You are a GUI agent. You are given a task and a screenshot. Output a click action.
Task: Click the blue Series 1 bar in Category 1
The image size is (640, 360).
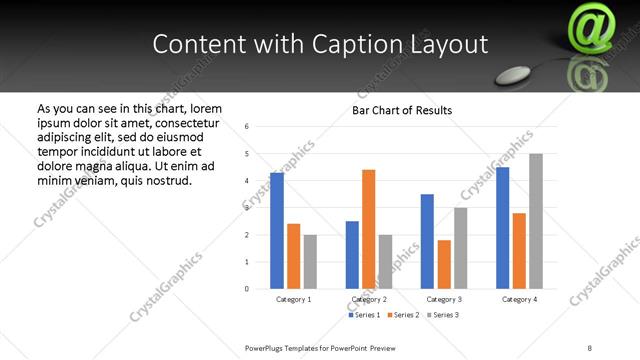[277, 231]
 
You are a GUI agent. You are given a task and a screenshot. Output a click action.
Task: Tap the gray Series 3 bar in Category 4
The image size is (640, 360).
[536, 221]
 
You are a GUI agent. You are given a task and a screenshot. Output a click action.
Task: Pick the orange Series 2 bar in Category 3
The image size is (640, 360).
[444, 264]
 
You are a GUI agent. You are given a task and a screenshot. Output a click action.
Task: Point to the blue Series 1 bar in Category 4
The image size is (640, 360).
[503, 228]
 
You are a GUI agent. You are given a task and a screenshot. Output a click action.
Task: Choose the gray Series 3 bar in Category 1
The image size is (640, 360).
[310, 262]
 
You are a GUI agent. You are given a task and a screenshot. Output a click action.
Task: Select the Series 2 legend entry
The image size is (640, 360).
[403, 316]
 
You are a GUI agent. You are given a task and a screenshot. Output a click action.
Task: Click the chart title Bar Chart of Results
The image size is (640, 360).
[402, 110]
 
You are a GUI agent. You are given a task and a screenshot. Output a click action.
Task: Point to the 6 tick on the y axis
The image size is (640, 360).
[247, 126]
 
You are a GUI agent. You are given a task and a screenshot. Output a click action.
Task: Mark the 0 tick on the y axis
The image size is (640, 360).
[247, 289]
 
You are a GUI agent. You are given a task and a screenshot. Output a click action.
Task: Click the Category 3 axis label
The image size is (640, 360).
[444, 299]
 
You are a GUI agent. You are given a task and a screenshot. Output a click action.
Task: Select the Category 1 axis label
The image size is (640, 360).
[293, 299]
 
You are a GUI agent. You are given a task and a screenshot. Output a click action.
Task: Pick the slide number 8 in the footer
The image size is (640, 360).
[589, 346]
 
